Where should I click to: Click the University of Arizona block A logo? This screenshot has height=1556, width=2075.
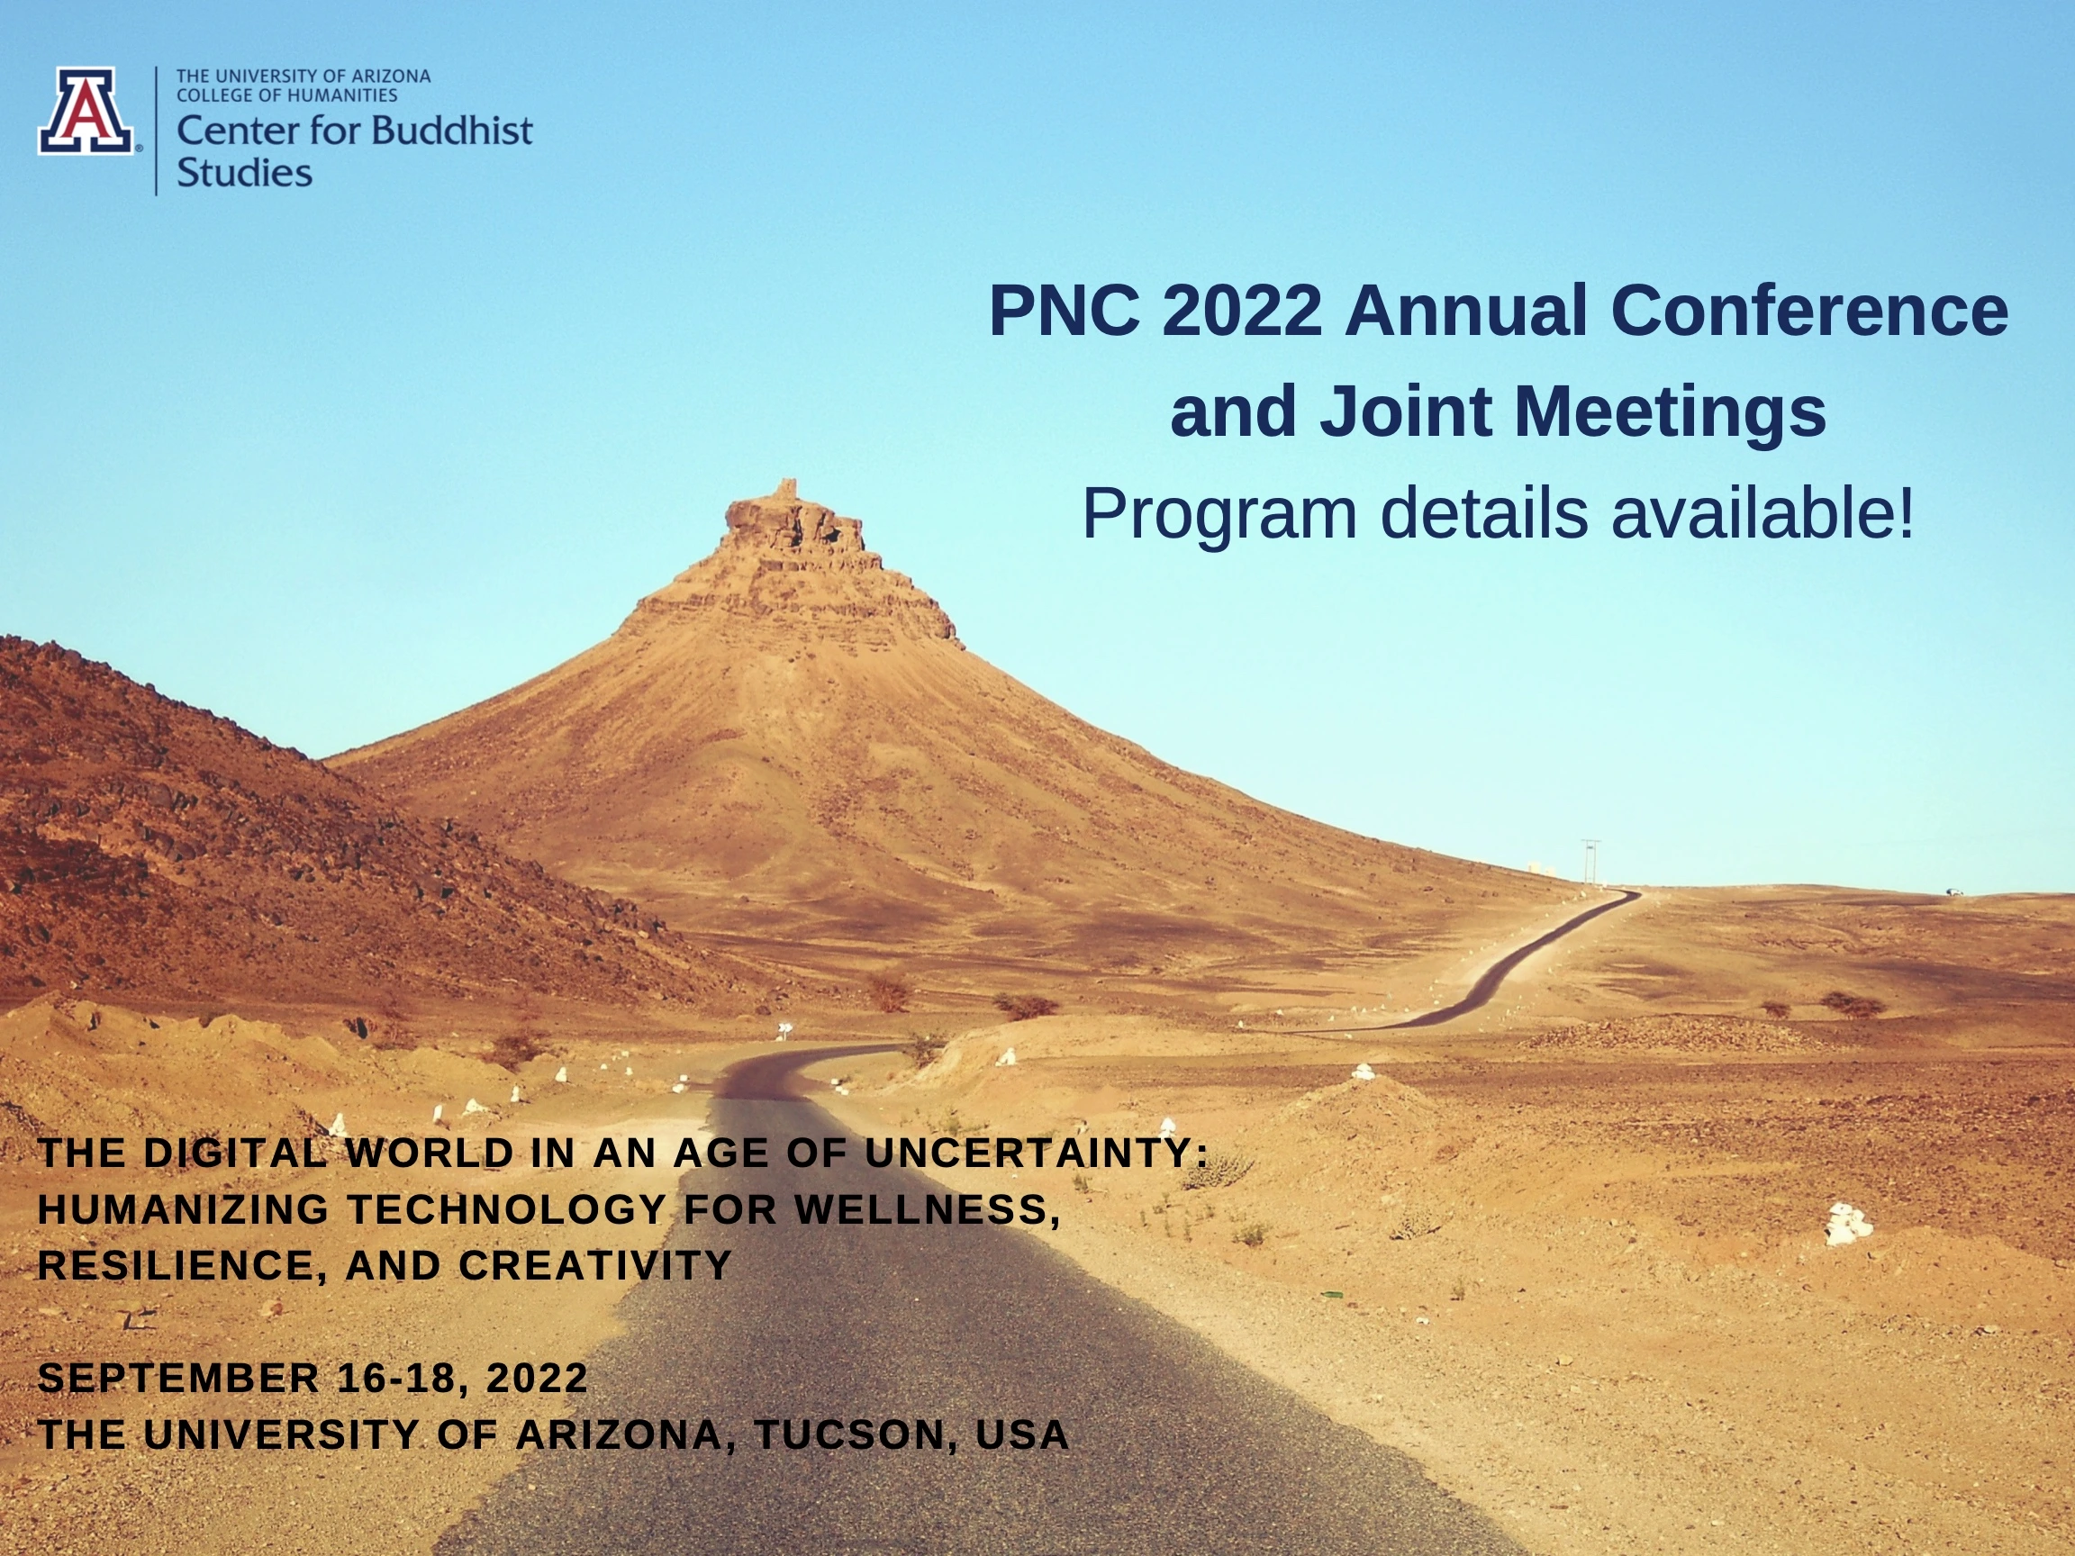(x=86, y=110)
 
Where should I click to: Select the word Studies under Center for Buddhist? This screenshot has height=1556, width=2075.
(x=244, y=173)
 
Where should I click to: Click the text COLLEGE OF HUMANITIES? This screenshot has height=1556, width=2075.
(x=287, y=95)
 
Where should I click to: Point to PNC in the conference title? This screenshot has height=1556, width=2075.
(x=1065, y=311)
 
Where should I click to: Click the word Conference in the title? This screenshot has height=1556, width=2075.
(x=1809, y=311)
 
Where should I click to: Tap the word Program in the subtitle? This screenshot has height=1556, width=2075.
(x=1219, y=514)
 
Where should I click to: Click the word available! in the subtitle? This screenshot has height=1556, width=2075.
(x=1762, y=513)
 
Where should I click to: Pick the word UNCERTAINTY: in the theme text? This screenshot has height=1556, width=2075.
(x=1037, y=1153)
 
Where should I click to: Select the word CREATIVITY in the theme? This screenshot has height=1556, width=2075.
(x=594, y=1265)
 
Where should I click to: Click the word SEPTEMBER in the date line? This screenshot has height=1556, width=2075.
(x=179, y=1378)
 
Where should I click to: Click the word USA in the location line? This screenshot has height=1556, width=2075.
(x=1022, y=1434)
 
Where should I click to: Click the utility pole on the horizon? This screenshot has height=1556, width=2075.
(x=1589, y=861)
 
